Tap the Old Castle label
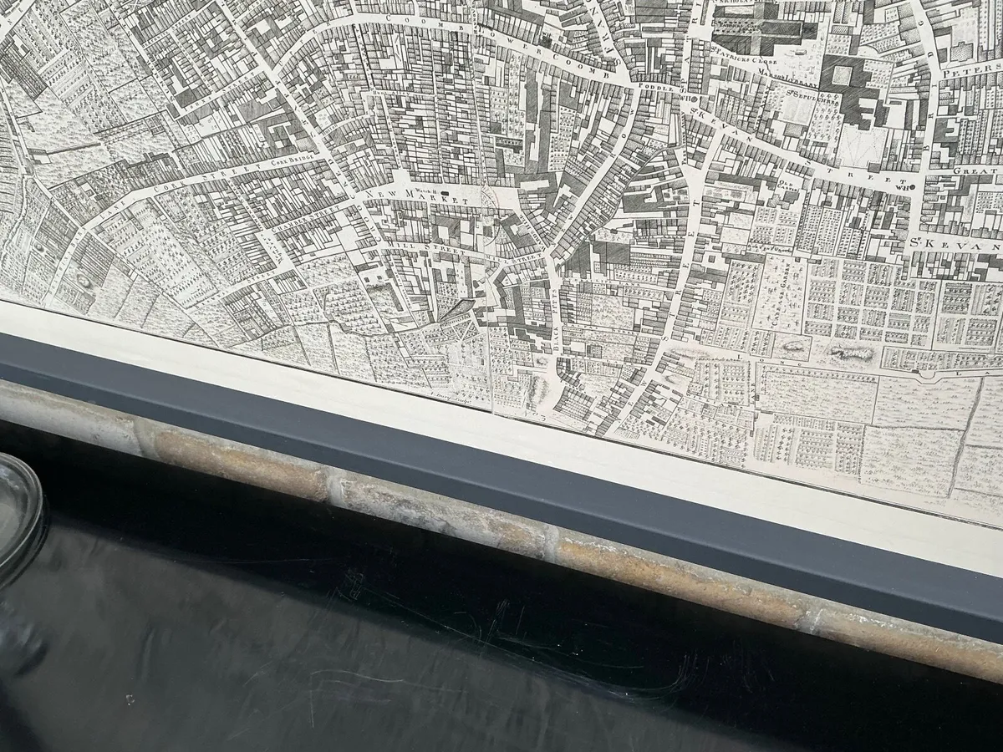(x=786, y=181)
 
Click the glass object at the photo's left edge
(x=17, y=518)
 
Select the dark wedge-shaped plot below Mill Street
(x=456, y=310)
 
